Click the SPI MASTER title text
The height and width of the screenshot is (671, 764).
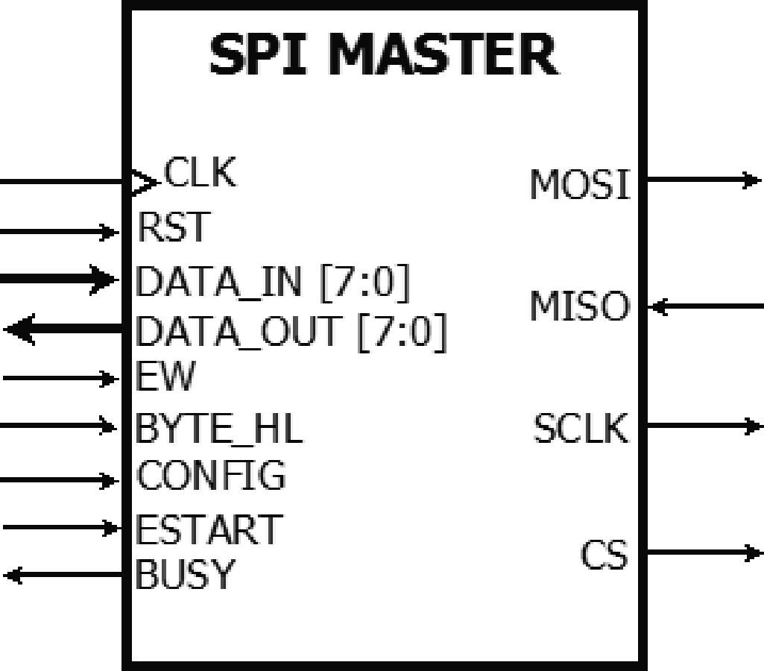pyautogui.click(x=383, y=55)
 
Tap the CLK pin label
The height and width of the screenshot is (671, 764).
pyautogui.click(x=200, y=173)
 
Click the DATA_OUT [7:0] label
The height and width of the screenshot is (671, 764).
pyautogui.click(x=291, y=331)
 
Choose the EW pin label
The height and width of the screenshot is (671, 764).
pyautogui.click(x=165, y=377)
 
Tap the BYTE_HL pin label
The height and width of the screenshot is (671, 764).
pyautogui.click(x=219, y=429)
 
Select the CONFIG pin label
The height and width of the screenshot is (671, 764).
pyautogui.click(x=211, y=476)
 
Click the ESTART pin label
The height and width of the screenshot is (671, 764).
pyautogui.click(x=208, y=529)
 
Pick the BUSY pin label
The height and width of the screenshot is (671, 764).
pyautogui.click(x=185, y=575)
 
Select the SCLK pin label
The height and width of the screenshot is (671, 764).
pyautogui.click(x=581, y=429)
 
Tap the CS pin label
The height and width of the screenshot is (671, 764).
pyautogui.click(x=604, y=556)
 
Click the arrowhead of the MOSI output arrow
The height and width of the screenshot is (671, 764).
pyautogui.click(x=751, y=180)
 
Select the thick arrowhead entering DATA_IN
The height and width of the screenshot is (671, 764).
pyautogui.click(x=104, y=280)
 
